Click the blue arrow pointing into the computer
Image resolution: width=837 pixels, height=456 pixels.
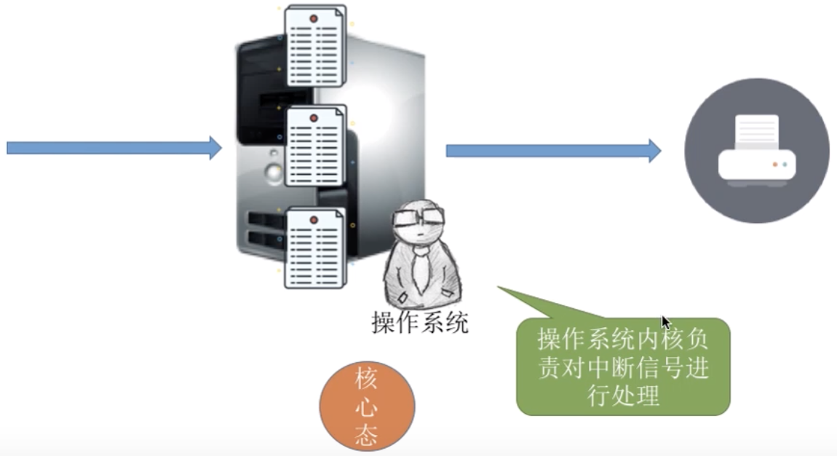pyautogui.click(x=113, y=147)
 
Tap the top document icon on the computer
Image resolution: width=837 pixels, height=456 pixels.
pyautogui.click(x=315, y=46)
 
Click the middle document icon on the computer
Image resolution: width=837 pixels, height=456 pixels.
pyautogui.click(x=315, y=146)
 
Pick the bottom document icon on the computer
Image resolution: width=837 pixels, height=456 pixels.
pyautogui.click(x=315, y=248)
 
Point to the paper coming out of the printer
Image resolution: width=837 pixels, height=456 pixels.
pyautogui.click(x=756, y=131)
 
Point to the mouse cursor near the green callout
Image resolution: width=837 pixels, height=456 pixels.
pyautogui.click(x=666, y=323)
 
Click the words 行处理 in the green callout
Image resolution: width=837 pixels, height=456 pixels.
pyautogui.click(x=623, y=395)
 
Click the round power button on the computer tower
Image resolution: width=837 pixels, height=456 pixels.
pyautogui.click(x=273, y=173)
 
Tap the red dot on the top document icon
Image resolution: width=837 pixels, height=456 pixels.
pyautogui.click(x=314, y=17)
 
